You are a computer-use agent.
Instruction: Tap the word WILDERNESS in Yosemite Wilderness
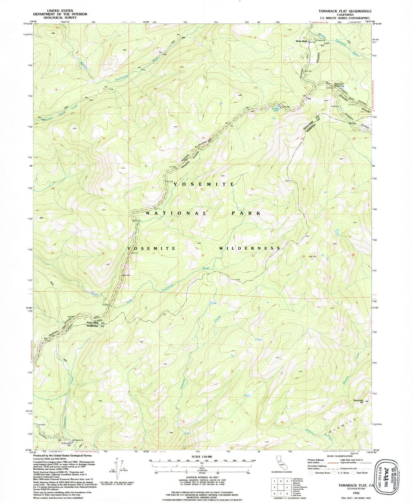[250, 249]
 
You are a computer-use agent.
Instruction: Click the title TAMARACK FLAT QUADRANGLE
[345, 11]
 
